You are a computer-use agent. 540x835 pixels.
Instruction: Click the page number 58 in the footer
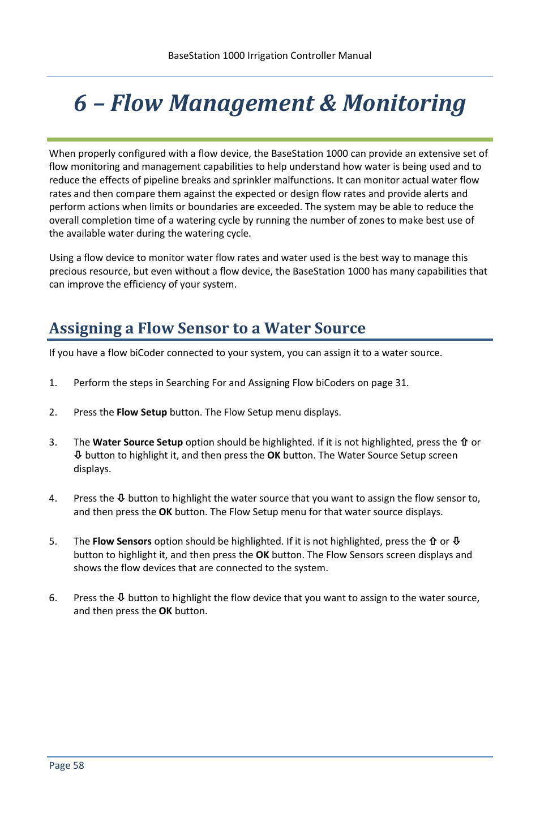(78, 765)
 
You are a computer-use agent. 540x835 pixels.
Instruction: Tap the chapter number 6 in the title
(80, 104)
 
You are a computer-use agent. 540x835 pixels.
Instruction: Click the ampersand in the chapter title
(328, 104)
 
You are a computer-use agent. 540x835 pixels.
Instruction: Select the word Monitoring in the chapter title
(404, 104)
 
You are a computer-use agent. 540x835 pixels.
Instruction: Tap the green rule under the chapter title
(269, 139)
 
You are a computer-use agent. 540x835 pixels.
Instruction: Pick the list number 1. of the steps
(53, 383)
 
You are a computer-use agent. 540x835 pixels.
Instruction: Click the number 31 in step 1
(401, 383)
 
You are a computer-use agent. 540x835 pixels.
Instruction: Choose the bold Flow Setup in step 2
(142, 412)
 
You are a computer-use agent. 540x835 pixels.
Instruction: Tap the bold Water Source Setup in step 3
(138, 442)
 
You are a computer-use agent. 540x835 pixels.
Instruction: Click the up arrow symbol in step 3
(464, 442)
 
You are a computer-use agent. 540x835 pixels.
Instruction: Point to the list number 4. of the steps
(53, 498)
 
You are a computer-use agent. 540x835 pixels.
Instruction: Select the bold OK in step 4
(165, 512)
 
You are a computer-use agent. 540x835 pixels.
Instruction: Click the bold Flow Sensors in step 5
(122, 541)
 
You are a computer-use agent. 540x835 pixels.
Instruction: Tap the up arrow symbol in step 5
(433, 541)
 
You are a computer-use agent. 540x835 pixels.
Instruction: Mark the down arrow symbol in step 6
(121, 598)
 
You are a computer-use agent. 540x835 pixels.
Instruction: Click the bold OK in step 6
(165, 611)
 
